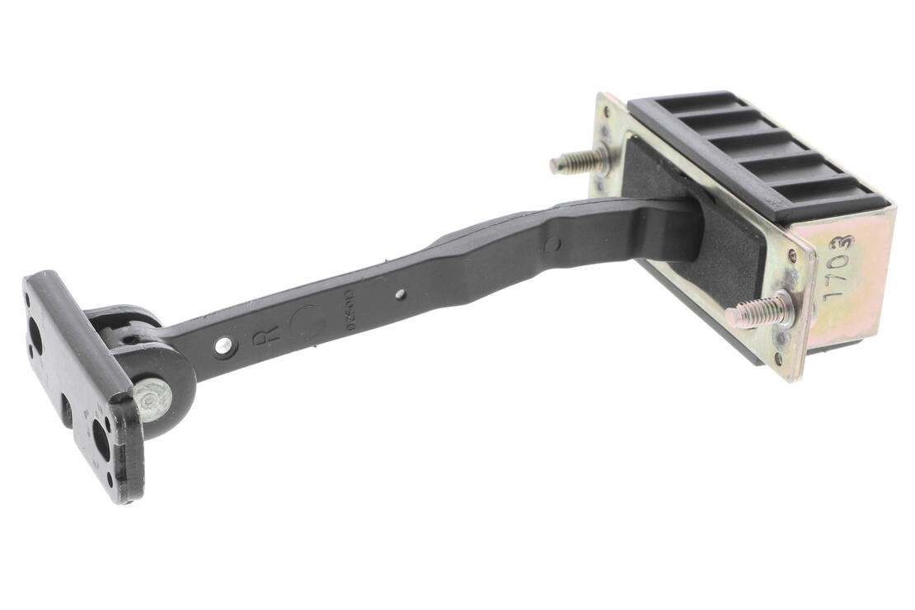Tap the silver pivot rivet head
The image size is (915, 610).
tap(151, 399)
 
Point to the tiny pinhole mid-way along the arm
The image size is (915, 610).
tap(400, 293)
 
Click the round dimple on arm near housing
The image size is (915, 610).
tap(552, 243)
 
